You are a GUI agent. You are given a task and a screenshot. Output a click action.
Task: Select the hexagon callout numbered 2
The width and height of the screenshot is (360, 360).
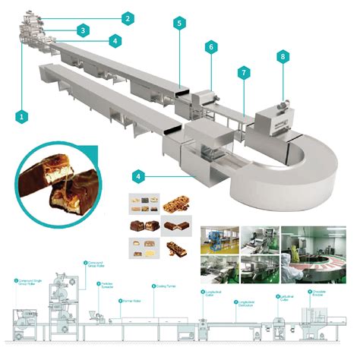click(128, 17)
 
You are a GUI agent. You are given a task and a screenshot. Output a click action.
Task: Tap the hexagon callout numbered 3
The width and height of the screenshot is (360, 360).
click(81, 30)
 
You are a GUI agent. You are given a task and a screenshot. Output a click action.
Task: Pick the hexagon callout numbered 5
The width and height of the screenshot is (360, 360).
click(178, 24)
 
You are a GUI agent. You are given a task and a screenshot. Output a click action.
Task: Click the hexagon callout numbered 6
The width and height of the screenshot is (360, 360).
click(210, 47)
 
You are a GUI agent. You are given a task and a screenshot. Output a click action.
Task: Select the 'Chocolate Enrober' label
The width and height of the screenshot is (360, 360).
click(318, 292)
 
